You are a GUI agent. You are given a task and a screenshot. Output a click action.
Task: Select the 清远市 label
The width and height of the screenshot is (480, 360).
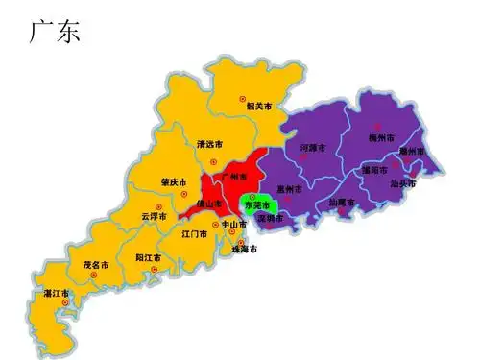pos(209,145)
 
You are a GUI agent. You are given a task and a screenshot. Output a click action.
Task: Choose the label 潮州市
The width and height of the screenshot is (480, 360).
pos(413,152)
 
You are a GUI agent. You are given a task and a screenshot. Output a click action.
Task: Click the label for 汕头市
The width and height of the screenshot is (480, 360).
pos(403,183)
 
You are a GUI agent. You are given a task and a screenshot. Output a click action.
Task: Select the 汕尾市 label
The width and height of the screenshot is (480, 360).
pos(342,203)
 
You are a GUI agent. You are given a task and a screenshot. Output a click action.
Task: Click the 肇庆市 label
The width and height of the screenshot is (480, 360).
pos(175,183)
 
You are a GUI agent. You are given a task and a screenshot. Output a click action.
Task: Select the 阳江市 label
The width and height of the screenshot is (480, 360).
pos(148,257)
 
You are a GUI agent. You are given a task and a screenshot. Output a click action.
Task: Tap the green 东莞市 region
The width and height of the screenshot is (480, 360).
pos(257,205)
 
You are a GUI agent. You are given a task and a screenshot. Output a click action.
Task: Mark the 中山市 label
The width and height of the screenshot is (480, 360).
pos(234,225)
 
